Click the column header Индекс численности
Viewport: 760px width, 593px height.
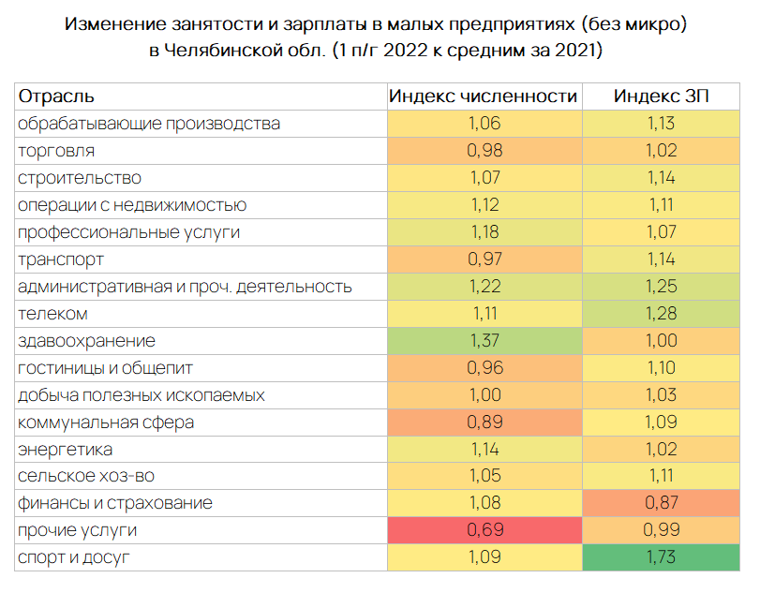coord(484,96)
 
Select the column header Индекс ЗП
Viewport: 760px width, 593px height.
coord(662,96)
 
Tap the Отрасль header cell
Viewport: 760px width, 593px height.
coord(57,96)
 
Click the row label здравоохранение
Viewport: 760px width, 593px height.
coord(87,341)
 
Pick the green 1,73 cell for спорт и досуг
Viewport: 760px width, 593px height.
coord(662,558)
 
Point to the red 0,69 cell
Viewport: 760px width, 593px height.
coord(484,531)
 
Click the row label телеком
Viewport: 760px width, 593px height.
coord(53,314)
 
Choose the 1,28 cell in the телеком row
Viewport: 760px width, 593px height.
coord(662,314)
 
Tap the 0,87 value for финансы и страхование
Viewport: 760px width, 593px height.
coord(662,504)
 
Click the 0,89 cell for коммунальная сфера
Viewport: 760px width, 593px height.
coord(484,423)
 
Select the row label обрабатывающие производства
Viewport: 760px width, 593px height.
coord(149,124)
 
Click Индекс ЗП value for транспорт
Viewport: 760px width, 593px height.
coord(662,259)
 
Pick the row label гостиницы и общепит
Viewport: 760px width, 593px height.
coord(105,368)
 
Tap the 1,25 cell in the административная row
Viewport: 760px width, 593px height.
coord(662,287)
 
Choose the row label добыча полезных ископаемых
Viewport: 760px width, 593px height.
coord(141,395)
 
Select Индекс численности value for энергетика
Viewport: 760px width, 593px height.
coord(484,450)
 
